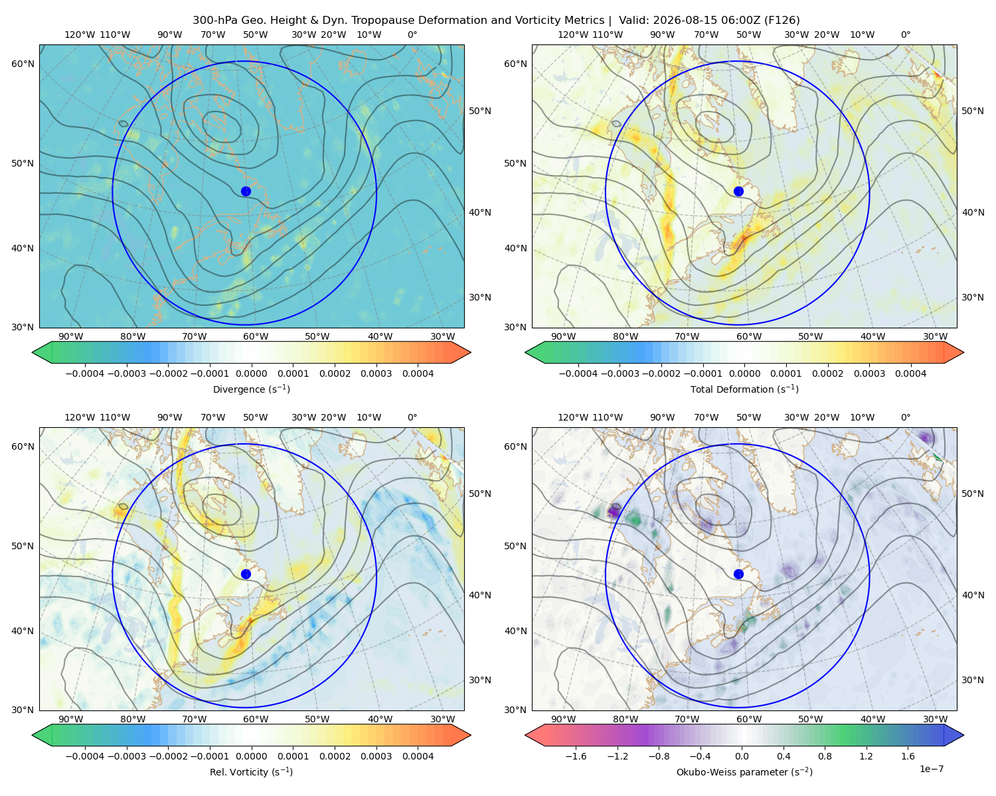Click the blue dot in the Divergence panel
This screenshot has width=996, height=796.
click(x=246, y=191)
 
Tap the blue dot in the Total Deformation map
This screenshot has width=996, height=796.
click(x=738, y=191)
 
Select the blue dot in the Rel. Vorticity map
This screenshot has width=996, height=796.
click(x=246, y=574)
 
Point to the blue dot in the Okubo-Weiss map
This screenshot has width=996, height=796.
click(x=738, y=574)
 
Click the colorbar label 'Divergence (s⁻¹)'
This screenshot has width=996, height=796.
click(x=251, y=389)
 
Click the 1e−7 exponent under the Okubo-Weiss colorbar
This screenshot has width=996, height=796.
click(x=931, y=769)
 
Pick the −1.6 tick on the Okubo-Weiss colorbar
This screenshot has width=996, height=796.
click(x=576, y=756)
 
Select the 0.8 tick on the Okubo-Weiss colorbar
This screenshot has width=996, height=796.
click(x=825, y=756)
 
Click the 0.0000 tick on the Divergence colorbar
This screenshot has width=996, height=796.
click(x=251, y=373)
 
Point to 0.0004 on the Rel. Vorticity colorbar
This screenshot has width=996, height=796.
click(x=418, y=756)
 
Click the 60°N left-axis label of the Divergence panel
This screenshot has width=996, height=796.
click(x=23, y=64)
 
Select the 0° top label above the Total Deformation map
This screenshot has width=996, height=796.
click(x=906, y=34)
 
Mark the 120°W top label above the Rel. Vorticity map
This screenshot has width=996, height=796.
click(x=80, y=417)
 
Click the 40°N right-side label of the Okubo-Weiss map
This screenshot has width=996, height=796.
click(x=973, y=595)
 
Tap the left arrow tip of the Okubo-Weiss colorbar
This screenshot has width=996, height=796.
click(x=526, y=735)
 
